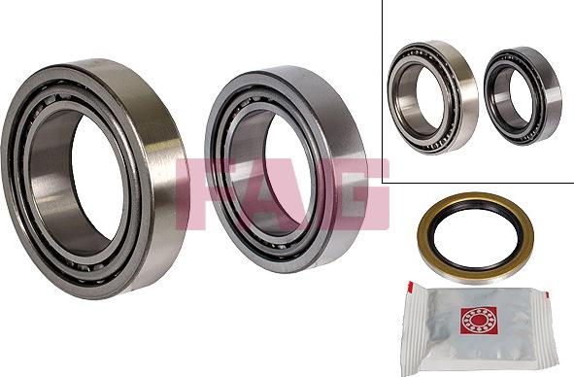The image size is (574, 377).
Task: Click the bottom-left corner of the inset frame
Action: tap(384, 182)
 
